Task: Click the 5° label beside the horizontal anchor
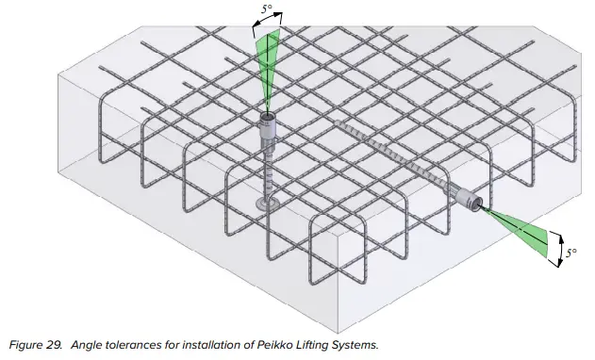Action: pyautogui.click(x=571, y=253)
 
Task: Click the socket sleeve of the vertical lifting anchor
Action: pyautogui.click(x=267, y=137)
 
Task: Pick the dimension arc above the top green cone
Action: pyautogui.click(x=265, y=25)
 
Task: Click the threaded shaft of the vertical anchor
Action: pyautogui.click(x=268, y=174)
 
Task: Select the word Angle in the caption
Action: pyautogui.click(x=82, y=345)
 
